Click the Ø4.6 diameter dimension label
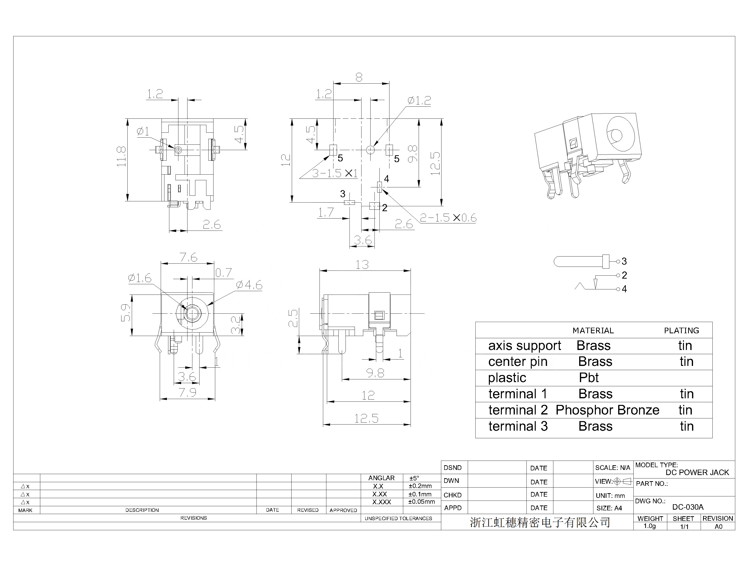[249, 285]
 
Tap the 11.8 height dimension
[121, 156]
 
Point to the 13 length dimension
[362, 264]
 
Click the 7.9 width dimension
[187, 393]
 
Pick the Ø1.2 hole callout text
[419, 100]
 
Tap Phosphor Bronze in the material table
[608, 410]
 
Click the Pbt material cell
[589, 378]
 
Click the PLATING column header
[681, 331]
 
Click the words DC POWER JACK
[697, 473]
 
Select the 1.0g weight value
[650, 526]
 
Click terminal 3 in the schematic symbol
[624, 261]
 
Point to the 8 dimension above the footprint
[359, 77]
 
